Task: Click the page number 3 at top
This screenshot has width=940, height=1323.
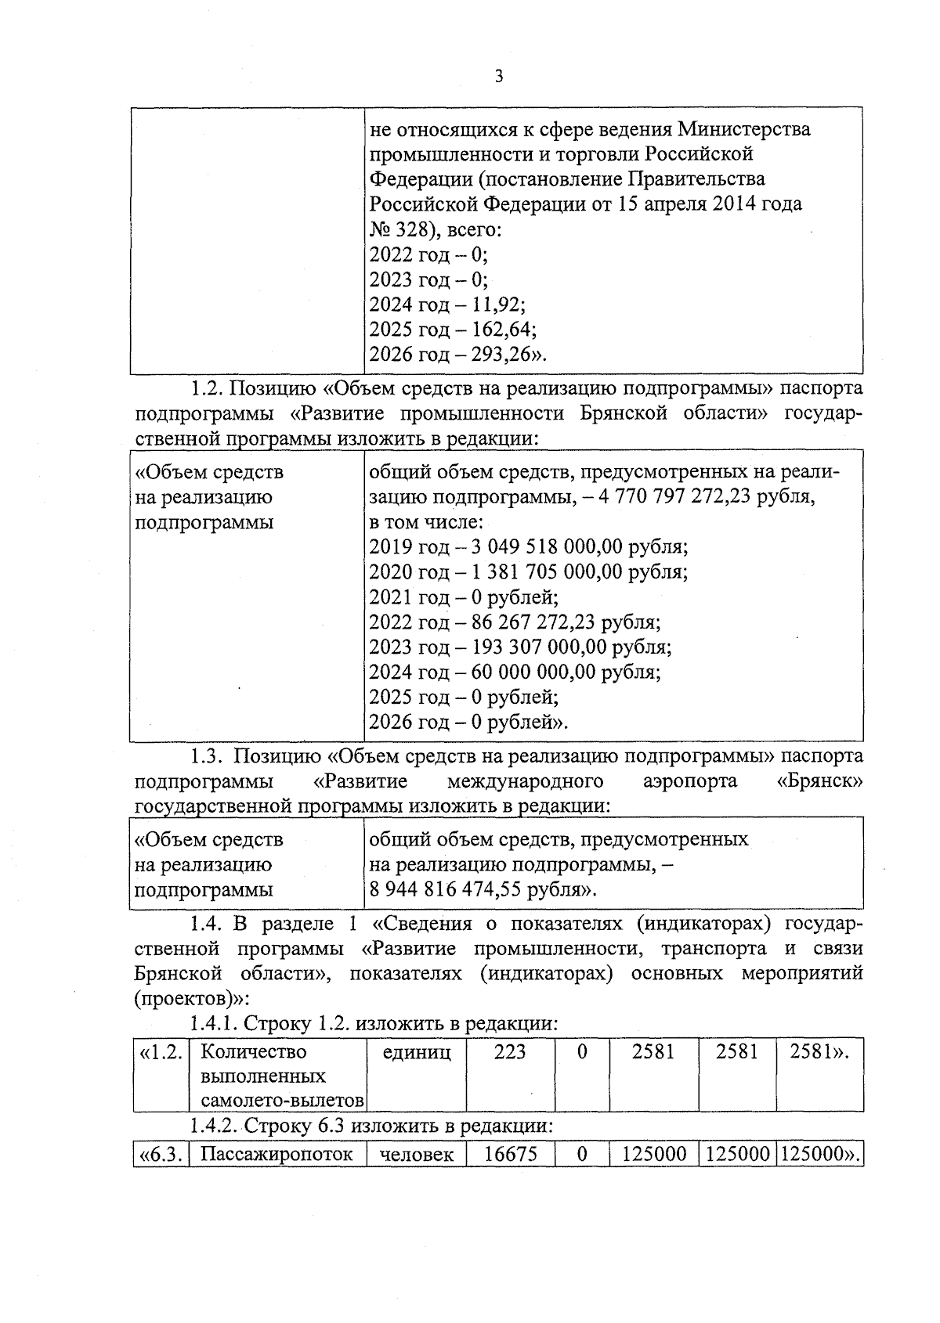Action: tap(499, 77)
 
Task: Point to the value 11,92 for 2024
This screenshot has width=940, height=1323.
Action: tap(496, 305)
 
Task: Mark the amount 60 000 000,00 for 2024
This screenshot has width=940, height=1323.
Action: tap(535, 672)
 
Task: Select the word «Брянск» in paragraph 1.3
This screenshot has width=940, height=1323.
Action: tap(820, 781)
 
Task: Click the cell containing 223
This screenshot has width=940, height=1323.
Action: tap(510, 1052)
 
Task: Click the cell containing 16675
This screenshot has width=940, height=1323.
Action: tap(511, 1155)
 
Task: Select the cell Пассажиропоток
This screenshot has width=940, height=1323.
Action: tap(277, 1155)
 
